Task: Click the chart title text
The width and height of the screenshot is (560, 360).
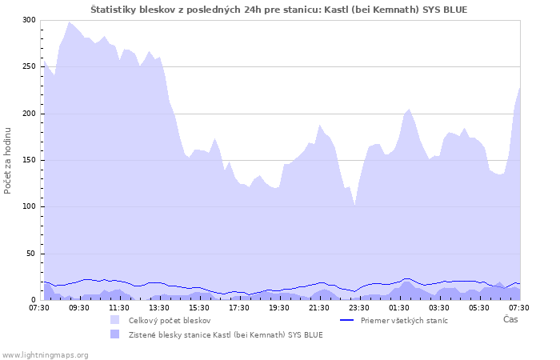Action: [x=279, y=10]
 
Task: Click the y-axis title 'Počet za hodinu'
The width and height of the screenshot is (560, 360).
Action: [x=8, y=160]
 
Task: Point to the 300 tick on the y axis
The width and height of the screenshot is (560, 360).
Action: [x=29, y=20]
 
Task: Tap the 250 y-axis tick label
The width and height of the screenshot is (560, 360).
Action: [x=29, y=66]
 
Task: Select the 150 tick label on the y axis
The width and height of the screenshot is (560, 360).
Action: [x=29, y=160]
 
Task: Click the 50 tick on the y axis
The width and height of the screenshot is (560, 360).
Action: [x=31, y=254]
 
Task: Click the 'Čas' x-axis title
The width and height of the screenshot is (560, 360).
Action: [x=510, y=320]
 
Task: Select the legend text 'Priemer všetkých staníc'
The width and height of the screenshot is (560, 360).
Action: [x=404, y=320]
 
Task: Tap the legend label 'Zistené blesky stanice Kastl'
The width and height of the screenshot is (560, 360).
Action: [x=226, y=334]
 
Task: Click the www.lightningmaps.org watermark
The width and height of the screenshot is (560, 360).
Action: [x=45, y=354]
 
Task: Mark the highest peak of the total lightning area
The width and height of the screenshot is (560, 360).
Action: [x=70, y=22]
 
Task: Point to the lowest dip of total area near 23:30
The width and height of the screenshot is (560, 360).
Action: [x=354, y=205]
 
